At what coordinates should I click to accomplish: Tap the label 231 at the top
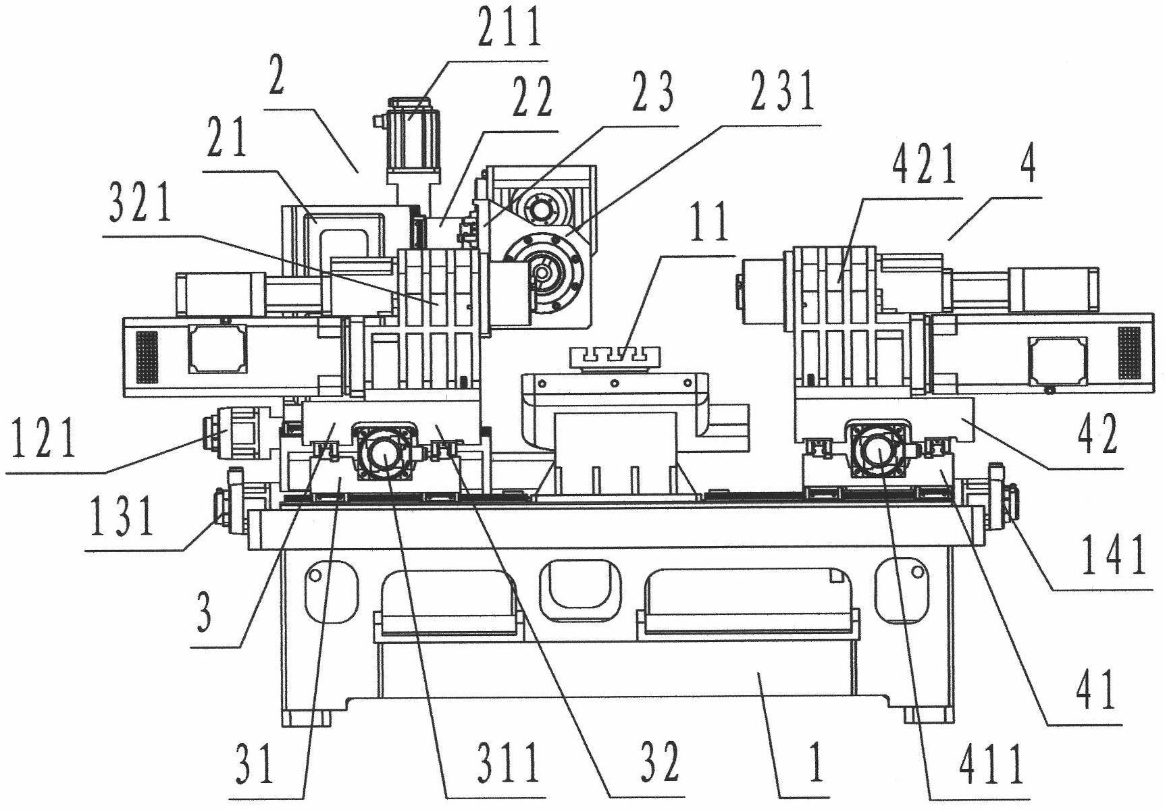click(781, 92)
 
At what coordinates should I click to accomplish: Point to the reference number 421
click(925, 165)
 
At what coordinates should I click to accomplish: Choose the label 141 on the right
click(1114, 555)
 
